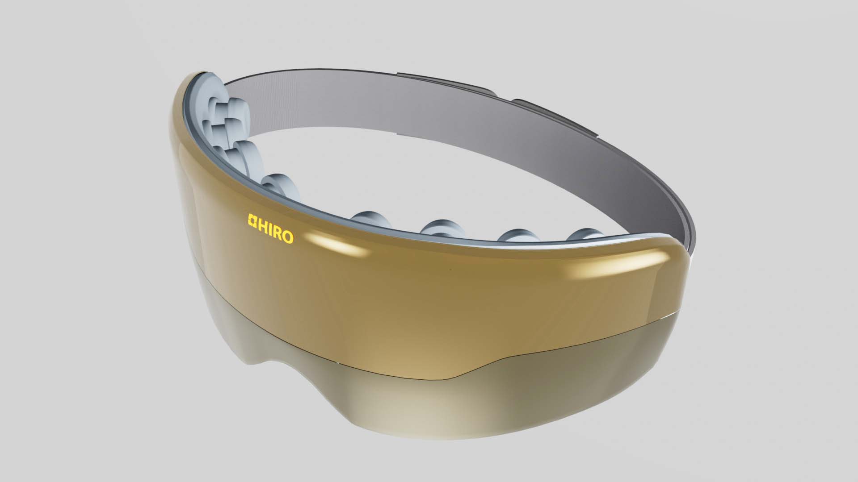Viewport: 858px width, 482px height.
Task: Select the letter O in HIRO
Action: click(287, 237)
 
